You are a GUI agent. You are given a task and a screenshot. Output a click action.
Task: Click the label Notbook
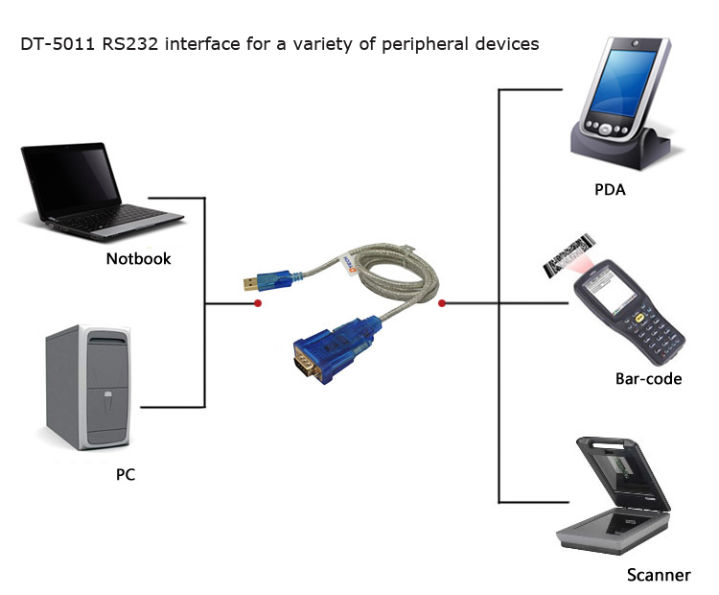coord(138,258)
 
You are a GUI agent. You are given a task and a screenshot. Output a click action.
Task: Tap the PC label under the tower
coord(125,473)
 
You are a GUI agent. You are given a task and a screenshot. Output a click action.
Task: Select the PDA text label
coord(609,189)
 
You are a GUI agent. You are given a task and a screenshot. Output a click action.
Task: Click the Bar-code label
coord(648,378)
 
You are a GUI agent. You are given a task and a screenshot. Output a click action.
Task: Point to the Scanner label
coord(658,575)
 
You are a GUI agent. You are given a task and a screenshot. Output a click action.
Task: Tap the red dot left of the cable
coord(258,304)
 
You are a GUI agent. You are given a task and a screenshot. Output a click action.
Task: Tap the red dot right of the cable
coord(442,304)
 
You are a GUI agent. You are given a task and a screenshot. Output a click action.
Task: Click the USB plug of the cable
coord(255,281)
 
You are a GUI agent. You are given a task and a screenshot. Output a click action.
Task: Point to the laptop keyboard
coord(115,221)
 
